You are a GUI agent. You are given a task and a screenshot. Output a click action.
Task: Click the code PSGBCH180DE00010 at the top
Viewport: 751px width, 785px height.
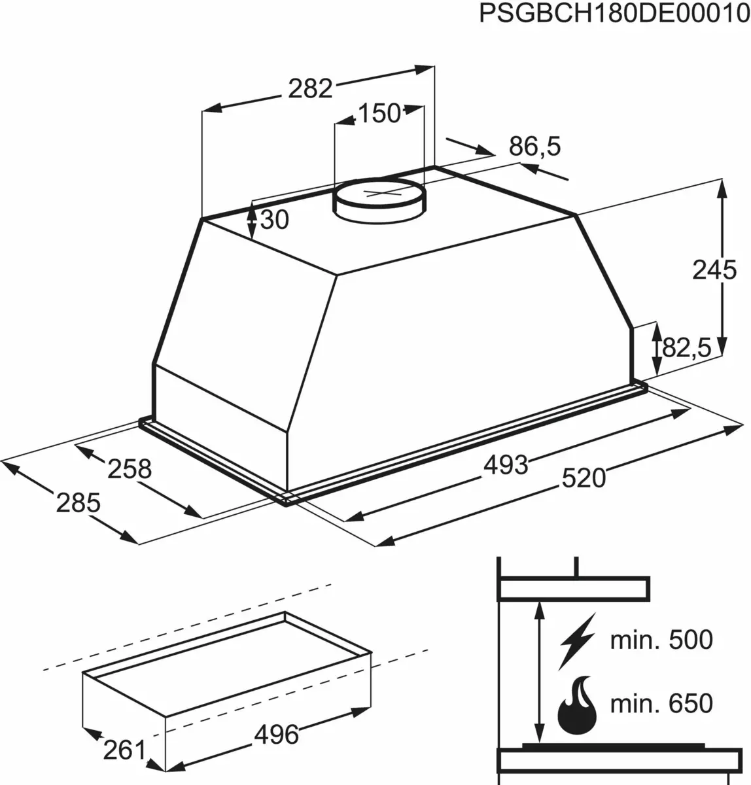[614, 14]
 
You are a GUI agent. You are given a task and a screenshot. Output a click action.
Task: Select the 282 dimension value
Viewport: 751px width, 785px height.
[311, 88]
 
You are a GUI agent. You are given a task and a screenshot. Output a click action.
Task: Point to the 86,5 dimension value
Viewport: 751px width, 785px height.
[535, 147]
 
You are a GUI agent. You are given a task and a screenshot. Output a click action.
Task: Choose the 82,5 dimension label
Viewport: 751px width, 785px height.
[686, 348]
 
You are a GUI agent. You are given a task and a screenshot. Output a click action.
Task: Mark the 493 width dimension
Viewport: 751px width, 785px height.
[506, 464]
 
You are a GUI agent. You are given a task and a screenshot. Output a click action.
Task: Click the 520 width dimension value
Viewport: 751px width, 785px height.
[584, 478]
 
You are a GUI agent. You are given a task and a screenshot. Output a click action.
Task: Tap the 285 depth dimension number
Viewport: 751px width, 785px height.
[78, 502]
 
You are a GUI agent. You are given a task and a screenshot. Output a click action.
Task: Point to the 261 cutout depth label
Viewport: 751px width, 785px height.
[124, 750]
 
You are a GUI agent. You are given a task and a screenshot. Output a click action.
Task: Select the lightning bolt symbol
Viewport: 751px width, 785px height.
[576, 640]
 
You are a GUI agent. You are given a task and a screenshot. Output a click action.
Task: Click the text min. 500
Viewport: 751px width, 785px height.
[661, 640]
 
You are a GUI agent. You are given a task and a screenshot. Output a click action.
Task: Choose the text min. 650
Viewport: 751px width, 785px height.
[661, 704]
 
